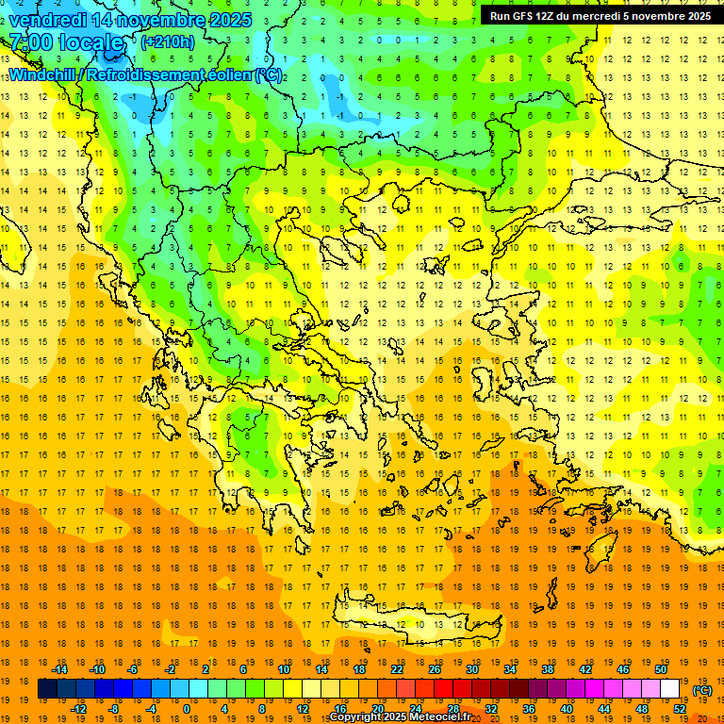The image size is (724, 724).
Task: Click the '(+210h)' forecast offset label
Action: pos(168,42)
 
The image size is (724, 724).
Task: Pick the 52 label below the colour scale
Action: pos(680,709)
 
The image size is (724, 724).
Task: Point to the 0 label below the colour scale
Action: pos(187,709)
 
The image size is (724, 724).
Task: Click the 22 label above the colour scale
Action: pos(396,669)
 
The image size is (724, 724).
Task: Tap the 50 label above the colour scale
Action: pos(661,669)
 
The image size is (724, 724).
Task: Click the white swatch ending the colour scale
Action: pos(670,689)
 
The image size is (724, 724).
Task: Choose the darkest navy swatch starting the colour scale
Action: pos(47,689)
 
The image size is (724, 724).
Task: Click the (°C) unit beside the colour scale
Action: pos(701,690)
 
